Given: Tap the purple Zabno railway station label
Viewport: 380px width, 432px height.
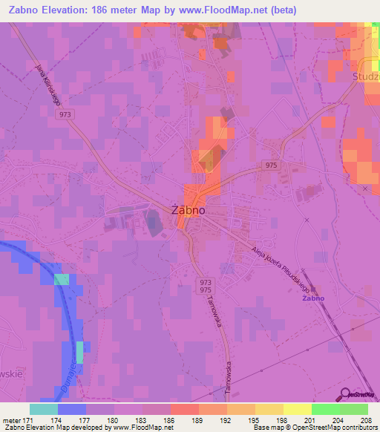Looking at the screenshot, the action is (x=313, y=298).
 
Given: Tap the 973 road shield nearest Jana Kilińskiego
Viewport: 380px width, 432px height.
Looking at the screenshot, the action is (x=65, y=114).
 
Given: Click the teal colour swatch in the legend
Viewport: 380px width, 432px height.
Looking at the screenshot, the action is (x=44, y=409).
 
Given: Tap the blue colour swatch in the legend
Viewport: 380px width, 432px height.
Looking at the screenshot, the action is (x=71, y=409).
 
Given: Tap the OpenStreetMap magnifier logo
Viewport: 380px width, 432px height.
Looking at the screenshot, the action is (x=346, y=393).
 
